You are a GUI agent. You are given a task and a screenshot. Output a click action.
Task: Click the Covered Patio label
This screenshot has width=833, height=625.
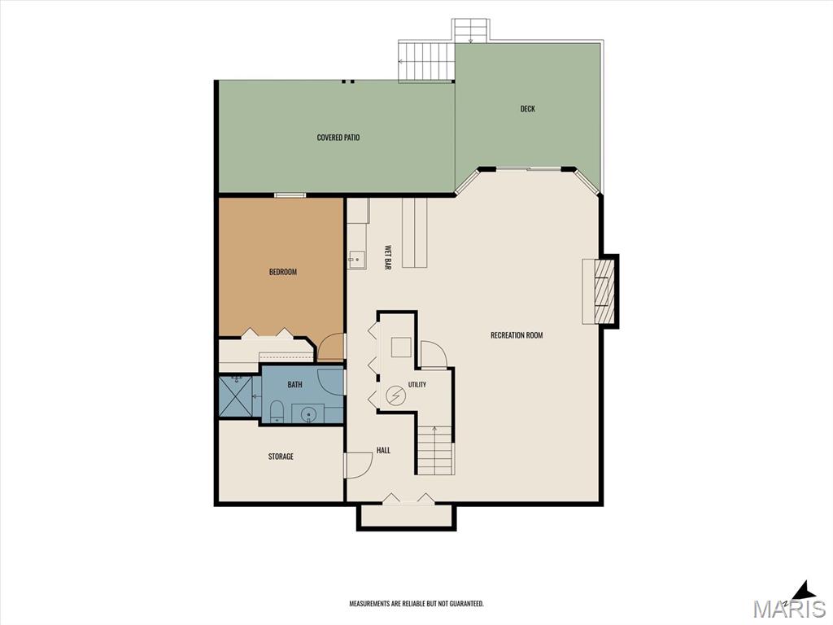click(x=338, y=138)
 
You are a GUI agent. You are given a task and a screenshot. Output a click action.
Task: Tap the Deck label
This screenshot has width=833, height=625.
click(x=527, y=109)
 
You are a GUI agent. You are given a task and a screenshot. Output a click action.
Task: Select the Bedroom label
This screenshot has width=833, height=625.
click(x=282, y=272)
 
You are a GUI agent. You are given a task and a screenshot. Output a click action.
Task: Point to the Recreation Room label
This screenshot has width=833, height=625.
click(x=517, y=335)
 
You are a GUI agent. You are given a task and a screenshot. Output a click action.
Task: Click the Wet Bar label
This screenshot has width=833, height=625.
click(x=388, y=258)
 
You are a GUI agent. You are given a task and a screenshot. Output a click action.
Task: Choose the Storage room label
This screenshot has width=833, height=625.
click(x=281, y=457)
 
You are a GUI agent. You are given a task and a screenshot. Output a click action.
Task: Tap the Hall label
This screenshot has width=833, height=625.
click(x=383, y=450)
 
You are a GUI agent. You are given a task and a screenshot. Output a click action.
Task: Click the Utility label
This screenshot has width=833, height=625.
click(x=417, y=385)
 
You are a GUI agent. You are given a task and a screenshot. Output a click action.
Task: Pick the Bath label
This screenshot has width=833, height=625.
click(x=294, y=385)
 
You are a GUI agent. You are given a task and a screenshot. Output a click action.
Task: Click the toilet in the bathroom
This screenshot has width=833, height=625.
click(x=277, y=413)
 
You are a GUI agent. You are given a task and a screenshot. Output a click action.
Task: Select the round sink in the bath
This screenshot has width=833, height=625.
click(x=308, y=413)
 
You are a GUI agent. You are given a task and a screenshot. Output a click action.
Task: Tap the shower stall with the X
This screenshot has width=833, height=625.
click(x=237, y=397)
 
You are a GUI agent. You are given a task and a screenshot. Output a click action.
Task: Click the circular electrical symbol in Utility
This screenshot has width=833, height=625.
click(x=396, y=395)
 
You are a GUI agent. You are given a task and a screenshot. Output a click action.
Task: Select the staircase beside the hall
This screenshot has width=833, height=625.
click(x=436, y=450)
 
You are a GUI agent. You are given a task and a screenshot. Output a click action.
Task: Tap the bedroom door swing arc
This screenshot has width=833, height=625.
click(x=330, y=347)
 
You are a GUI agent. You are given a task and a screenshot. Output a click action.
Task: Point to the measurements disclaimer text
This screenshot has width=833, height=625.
click(x=416, y=604)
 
